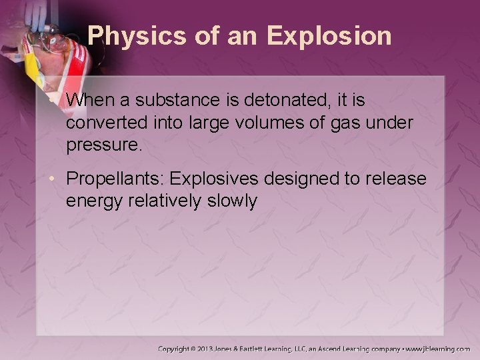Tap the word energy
point(93,201)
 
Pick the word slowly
point(233,201)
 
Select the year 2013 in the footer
point(220,349)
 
